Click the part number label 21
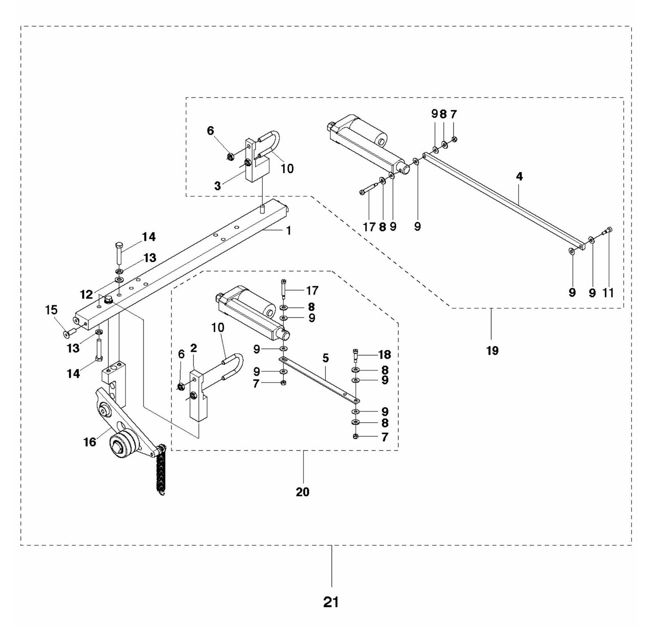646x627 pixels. click(x=331, y=602)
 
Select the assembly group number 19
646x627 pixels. click(x=492, y=350)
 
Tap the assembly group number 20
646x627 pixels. click(x=303, y=492)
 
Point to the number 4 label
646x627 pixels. click(x=519, y=177)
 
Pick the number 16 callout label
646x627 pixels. click(x=90, y=442)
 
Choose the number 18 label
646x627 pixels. click(x=384, y=354)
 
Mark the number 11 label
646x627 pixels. click(x=608, y=293)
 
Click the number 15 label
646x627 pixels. click(x=52, y=310)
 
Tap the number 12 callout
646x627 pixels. click(x=86, y=295)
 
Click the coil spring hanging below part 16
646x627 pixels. click(x=160, y=474)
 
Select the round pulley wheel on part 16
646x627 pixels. click(x=123, y=445)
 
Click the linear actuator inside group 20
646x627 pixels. click(x=253, y=315)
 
